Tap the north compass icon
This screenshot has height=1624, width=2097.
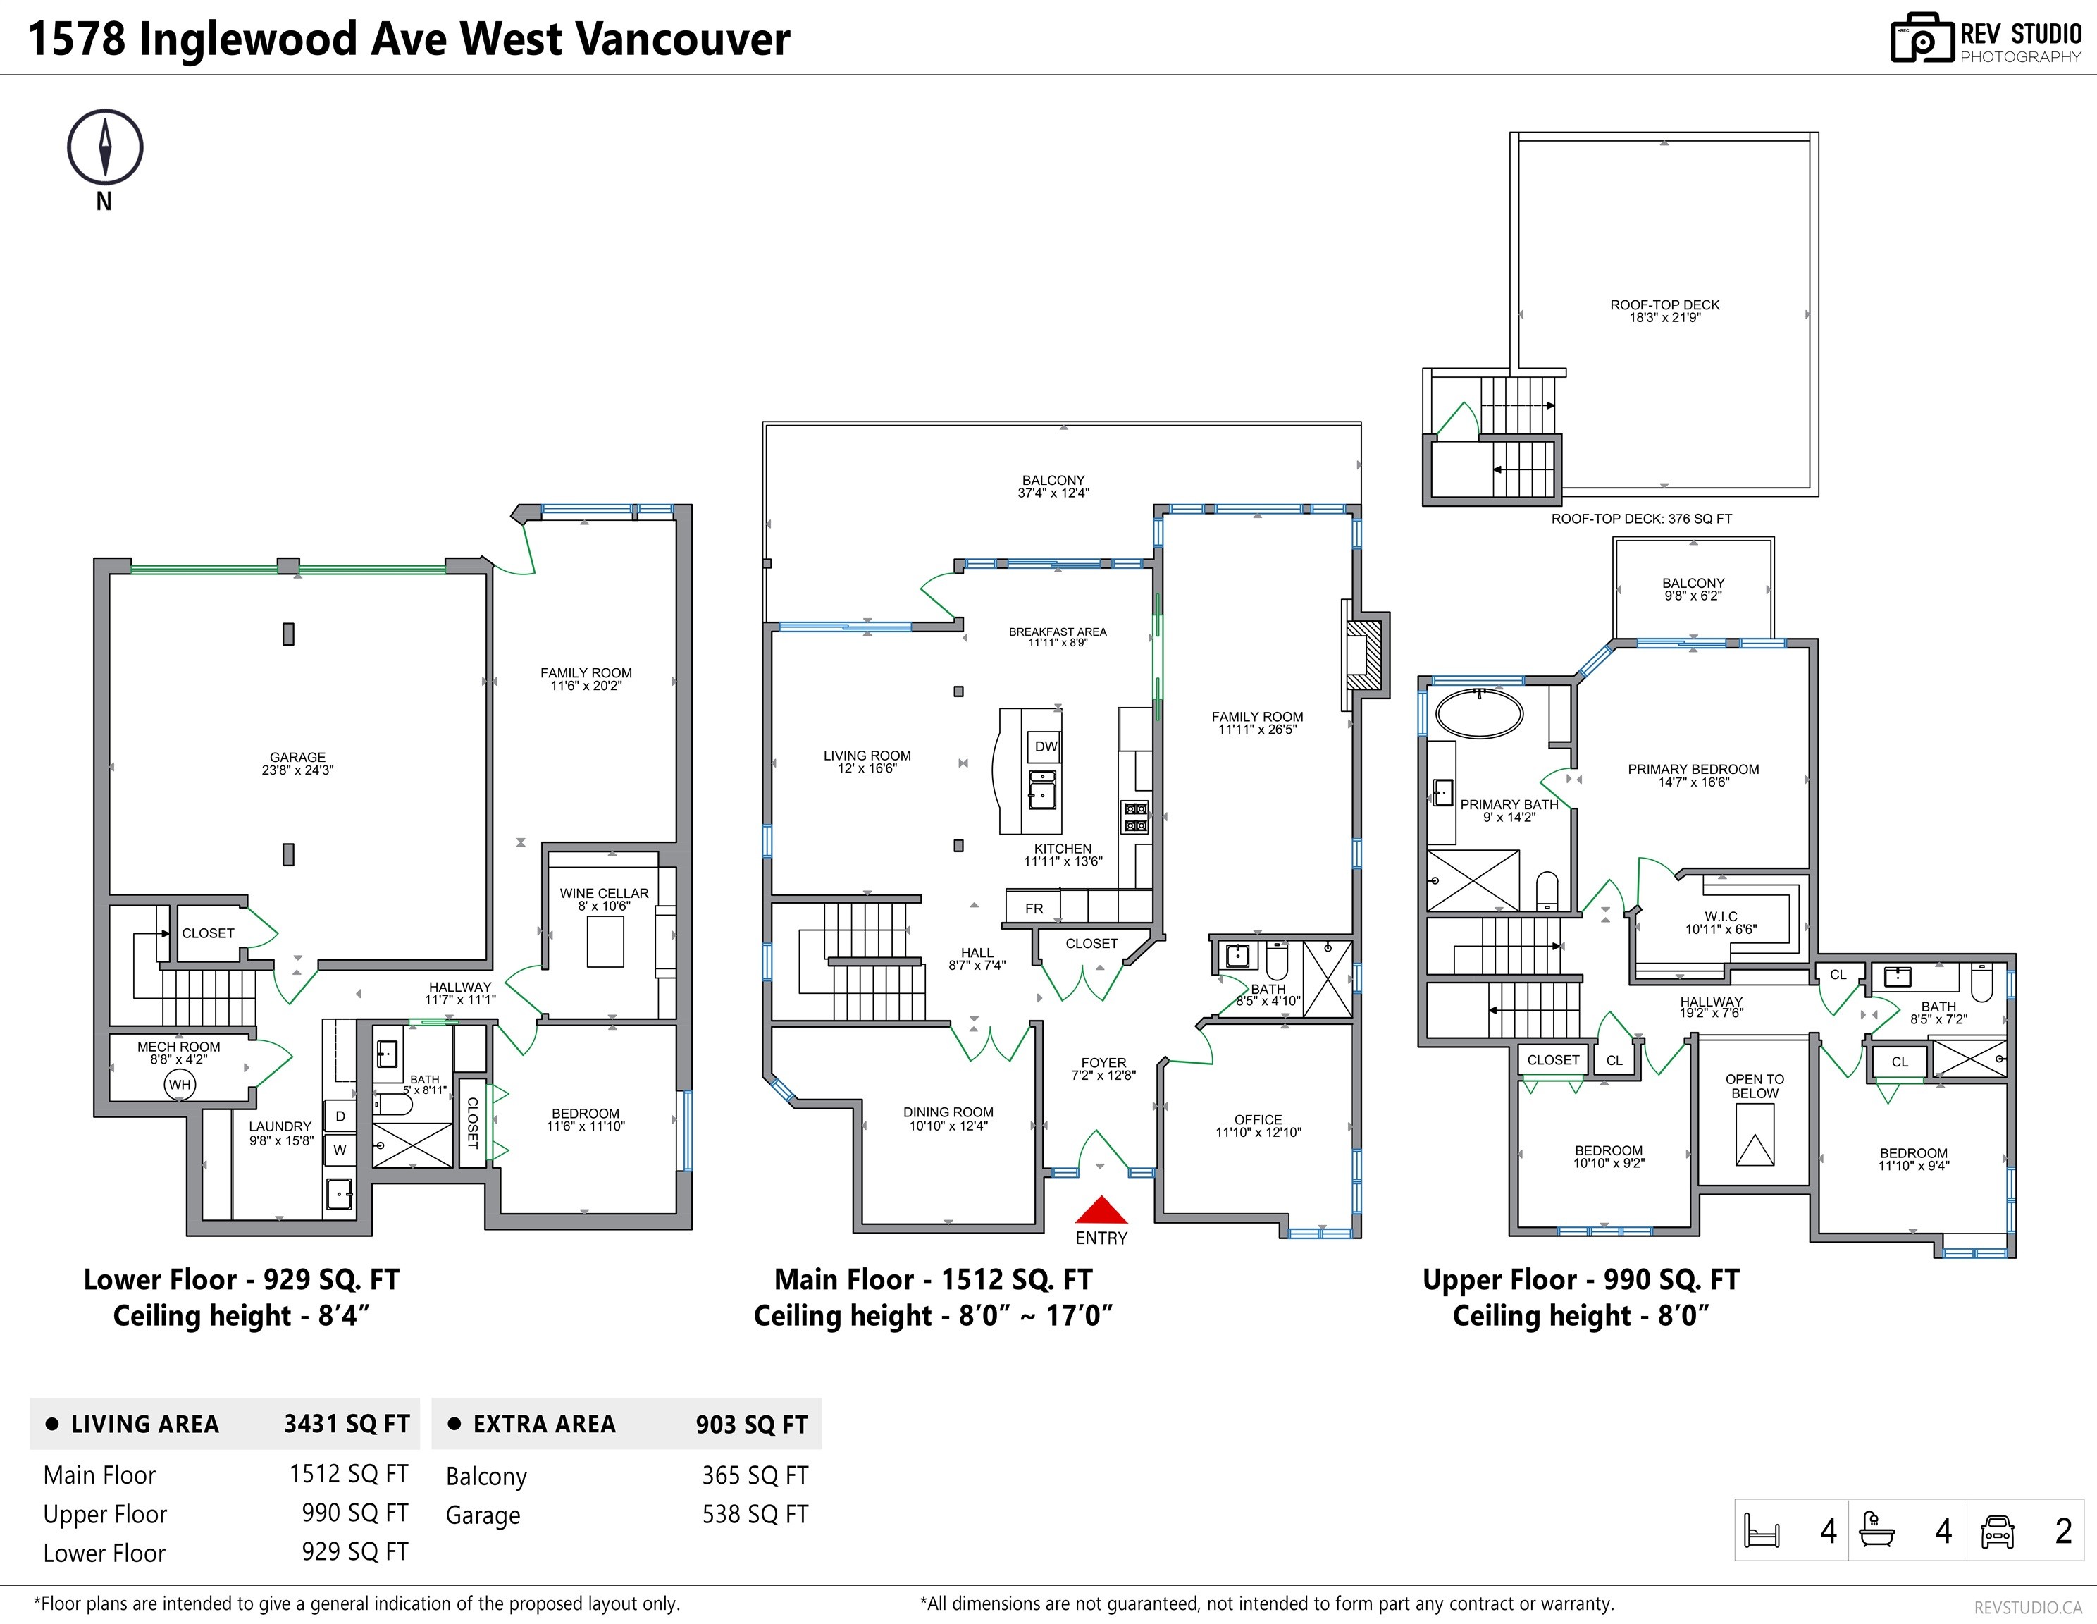pyautogui.click(x=105, y=147)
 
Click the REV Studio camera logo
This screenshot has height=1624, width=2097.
pyautogui.click(x=1922, y=39)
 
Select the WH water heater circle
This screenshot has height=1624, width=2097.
pyautogui.click(x=180, y=1084)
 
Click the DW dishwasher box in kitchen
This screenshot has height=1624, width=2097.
pyautogui.click(x=1046, y=746)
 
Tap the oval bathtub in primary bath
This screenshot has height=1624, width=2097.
pyautogui.click(x=1478, y=713)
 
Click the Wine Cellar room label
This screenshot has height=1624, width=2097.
pyautogui.click(x=604, y=893)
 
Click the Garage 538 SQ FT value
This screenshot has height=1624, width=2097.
pyautogui.click(x=755, y=1515)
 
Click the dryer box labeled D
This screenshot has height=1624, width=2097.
pyautogui.click(x=340, y=1116)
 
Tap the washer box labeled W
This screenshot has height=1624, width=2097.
pyautogui.click(x=340, y=1150)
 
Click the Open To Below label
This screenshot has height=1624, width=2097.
pyautogui.click(x=1755, y=1086)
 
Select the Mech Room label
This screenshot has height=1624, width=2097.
pyautogui.click(x=178, y=1047)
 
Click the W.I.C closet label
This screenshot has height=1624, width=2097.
pyautogui.click(x=1721, y=916)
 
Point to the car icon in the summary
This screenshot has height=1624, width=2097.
pyautogui.click(x=1997, y=1531)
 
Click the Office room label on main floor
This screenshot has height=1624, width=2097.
pyautogui.click(x=1258, y=1120)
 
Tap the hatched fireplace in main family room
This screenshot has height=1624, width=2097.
pyautogui.click(x=1363, y=654)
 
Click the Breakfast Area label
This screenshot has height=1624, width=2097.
pyautogui.click(x=1057, y=632)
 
